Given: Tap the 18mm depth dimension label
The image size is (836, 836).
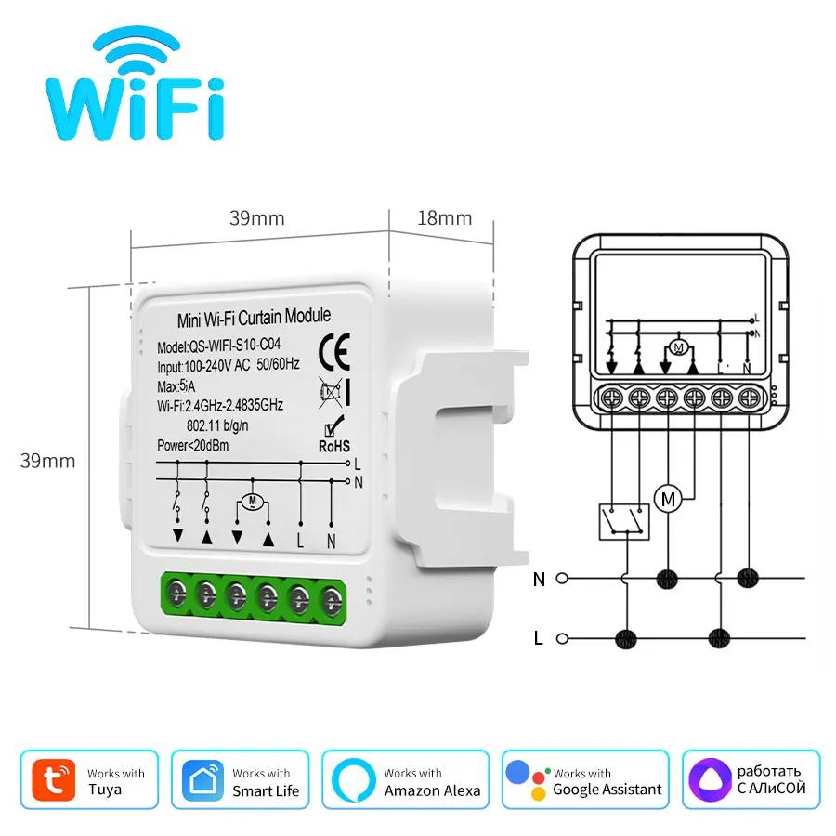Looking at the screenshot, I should coord(444,218).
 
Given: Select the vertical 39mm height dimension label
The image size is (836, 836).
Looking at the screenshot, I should coord(51,461).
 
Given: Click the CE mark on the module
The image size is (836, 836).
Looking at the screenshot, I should coord(333,351).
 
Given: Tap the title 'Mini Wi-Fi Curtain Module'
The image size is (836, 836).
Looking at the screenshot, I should coord(254,319).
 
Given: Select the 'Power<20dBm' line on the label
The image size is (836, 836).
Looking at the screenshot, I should coord(194,446).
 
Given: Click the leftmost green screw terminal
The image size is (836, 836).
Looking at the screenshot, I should coord(176,592).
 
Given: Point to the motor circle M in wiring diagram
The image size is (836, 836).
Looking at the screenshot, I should coord(668,498).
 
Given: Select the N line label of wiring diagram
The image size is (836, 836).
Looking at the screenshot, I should coord(540,580).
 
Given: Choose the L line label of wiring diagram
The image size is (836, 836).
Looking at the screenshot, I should coord(540,638).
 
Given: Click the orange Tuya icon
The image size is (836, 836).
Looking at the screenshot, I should coord(55,779).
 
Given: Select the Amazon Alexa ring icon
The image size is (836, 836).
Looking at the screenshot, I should coord(352,779).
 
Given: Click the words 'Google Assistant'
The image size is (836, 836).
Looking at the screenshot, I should coord(607,790).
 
